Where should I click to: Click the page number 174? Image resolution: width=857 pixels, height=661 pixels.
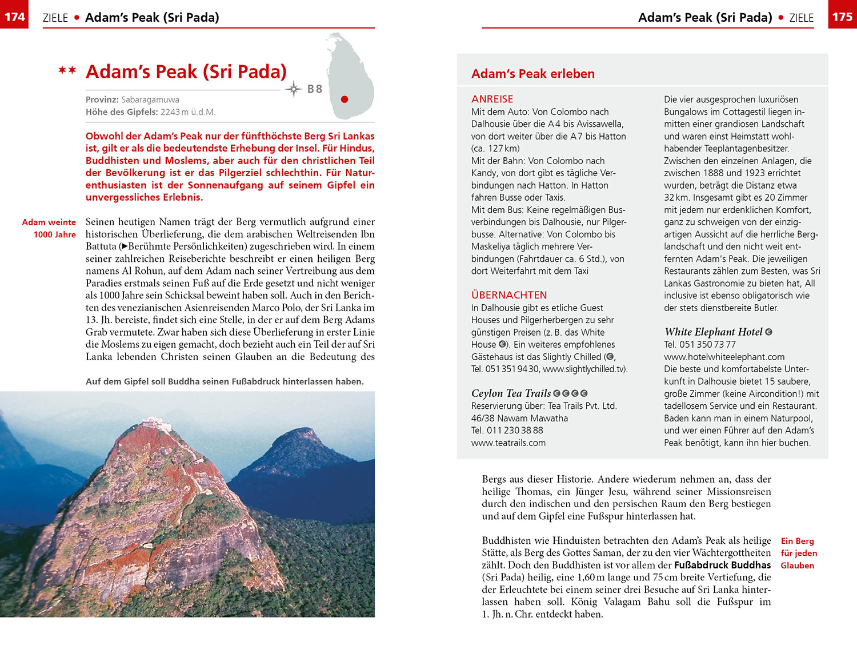[x=14, y=17]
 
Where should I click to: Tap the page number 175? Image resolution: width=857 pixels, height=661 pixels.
[x=842, y=17]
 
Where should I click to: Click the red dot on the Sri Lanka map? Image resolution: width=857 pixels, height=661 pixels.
[x=345, y=99]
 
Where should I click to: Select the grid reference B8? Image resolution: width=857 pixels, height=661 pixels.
[x=315, y=89]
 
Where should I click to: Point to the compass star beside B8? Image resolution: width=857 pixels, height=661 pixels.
[x=294, y=89]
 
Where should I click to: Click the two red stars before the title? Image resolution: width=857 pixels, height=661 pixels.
[x=67, y=71]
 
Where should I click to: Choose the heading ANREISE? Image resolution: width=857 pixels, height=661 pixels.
[x=492, y=99]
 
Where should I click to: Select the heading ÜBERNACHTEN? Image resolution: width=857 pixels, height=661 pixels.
[x=509, y=295]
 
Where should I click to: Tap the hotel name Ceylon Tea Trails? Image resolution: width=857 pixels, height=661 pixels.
[x=511, y=393]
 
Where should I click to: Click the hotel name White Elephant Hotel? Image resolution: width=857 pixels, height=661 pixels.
[x=713, y=332]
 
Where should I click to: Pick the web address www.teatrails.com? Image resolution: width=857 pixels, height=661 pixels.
[x=508, y=443]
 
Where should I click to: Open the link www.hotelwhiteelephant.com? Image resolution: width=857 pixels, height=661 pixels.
[x=724, y=357]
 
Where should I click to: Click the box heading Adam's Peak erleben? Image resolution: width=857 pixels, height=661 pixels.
[x=532, y=74]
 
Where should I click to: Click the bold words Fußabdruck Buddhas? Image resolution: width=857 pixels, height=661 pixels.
[x=722, y=565]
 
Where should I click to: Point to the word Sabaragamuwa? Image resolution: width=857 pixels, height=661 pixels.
[x=150, y=99]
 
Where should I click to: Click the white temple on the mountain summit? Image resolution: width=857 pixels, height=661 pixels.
[x=155, y=425]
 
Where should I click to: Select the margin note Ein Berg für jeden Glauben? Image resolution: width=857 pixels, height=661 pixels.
[x=798, y=553]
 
